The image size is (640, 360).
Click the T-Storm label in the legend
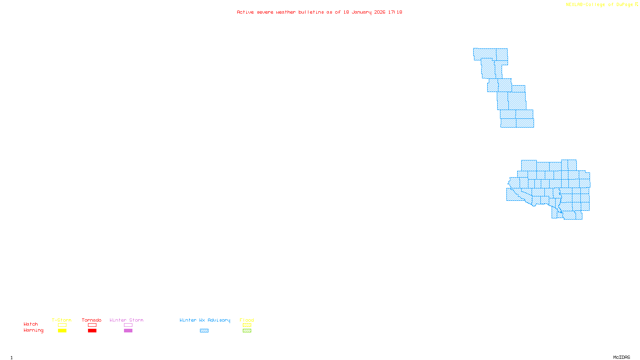click(62, 320)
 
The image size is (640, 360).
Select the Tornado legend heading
click(92, 320)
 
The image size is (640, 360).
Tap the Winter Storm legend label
click(126, 320)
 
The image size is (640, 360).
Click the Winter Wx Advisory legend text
click(205, 320)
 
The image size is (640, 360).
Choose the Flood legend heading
click(247, 320)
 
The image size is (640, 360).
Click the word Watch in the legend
click(31, 324)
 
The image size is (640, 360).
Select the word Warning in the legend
click(34, 330)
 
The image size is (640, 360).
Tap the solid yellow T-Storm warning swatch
click(62, 331)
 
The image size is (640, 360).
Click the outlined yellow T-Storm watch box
click(62, 325)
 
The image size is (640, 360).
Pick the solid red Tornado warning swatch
click(92, 331)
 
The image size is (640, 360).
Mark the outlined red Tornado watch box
click(92, 325)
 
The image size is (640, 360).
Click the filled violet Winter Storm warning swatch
click(128, 331)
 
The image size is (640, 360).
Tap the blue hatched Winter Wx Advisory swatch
click(204, 331)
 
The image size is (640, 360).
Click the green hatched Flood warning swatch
click(247, 331)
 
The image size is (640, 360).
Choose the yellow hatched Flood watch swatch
click(247, 325)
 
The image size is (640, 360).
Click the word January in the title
click(362, 12)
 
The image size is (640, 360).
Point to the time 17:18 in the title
click(395, 12)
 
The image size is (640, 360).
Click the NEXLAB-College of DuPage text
click(600, 5)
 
